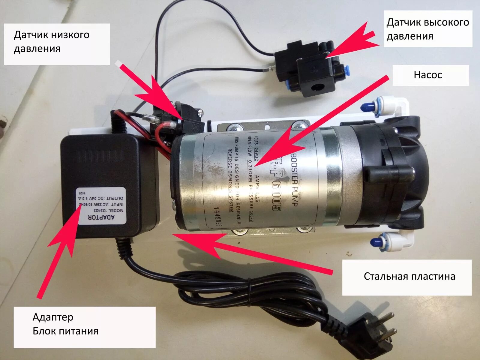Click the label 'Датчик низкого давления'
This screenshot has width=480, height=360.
pyautogui.click(x=52, y=41)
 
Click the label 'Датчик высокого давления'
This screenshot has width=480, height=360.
pyautogui.click(x=427, y=29)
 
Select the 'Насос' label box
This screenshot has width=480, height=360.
pyautogui.click(x=428, y=75)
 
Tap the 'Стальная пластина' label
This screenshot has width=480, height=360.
pyautogui.click(x=409, y=276)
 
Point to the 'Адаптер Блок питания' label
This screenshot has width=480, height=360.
pyautogui.click(x=65, y=324)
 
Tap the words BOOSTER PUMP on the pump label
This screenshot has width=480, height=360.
pyautogui.click(x=294, y=180)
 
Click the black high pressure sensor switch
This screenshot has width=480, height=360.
pyautogui.click(x=309, y=69)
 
